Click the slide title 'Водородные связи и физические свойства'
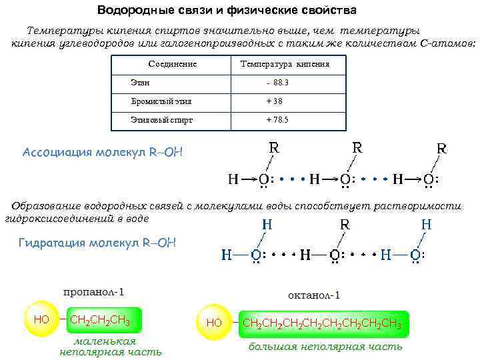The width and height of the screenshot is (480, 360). pos(226,11)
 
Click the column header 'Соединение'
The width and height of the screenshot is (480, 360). pos(173,65)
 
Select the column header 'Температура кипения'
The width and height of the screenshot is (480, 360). pos(285,65)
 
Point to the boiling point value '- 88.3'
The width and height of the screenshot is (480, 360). pos(277,83)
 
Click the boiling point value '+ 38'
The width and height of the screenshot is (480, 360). pos(274,101)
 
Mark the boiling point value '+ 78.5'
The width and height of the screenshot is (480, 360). pos(277,120)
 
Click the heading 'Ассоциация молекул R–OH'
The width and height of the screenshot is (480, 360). pos(102,152)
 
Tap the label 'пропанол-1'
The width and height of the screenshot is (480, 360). pos(94,292)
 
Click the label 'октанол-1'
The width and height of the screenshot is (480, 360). pos(314,295)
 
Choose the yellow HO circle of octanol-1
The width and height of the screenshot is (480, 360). pos(214,323)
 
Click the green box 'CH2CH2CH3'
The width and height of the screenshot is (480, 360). pos(100,321)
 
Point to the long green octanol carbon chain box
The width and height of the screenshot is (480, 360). pos(322,324)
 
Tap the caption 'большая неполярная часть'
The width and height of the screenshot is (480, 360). pos(325,347)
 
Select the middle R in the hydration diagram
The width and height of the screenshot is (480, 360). pos(345,225)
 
